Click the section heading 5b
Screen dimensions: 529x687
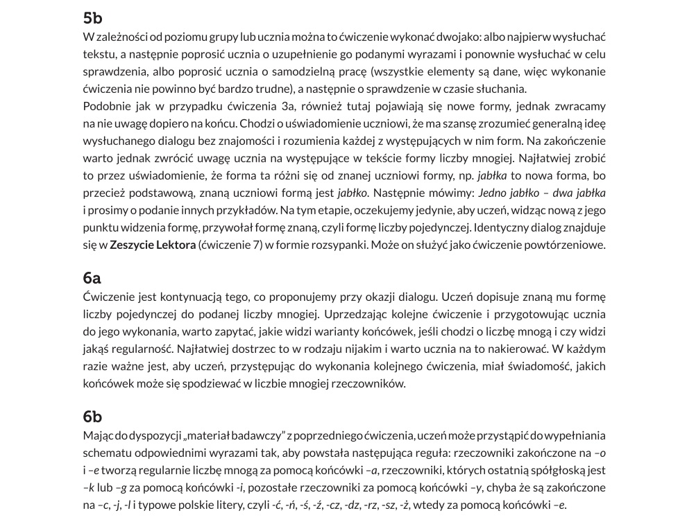click(92, 18)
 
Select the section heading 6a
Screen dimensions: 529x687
click(92, 278)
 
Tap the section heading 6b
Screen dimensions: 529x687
click(92, 416)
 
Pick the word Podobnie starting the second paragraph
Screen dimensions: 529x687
click(105, 106)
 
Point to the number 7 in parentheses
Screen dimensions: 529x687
click(248, 245)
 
